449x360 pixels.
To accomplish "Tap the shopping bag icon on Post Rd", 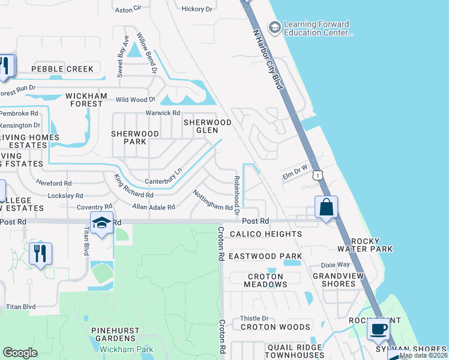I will pos(326,208).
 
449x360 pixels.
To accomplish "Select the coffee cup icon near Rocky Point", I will pos(379,329).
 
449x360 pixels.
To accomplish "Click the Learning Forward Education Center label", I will pos(317,29).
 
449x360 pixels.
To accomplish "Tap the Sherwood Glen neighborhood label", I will pos(207,127).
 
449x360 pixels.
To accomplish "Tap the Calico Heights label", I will pos(265,234).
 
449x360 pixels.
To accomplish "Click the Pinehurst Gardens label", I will pos(115,335).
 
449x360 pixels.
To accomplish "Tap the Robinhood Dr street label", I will pos(237,196).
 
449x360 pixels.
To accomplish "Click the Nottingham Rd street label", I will pos(212,200).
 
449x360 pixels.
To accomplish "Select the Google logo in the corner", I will pos(20,352).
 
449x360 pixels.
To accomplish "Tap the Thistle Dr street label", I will pos(254,319).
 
